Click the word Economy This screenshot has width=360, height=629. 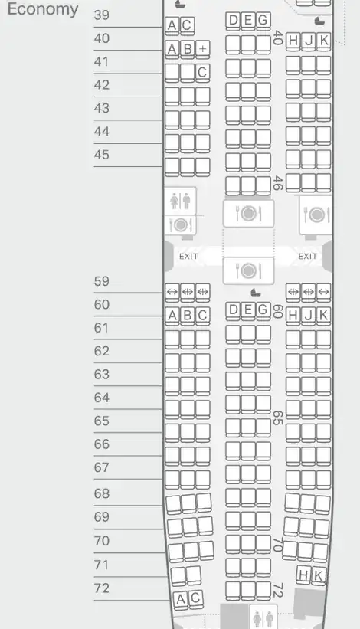[x=43, y=9]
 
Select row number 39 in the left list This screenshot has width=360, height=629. [x=101, y=15]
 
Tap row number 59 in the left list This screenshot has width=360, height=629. [x=101, y=281]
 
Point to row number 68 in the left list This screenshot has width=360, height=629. [x=101, y=493]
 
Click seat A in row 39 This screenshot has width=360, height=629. [x=172, y=25]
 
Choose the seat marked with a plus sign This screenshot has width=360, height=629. [x=202, y=49]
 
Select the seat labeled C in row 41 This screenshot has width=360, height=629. [x=202, y=72]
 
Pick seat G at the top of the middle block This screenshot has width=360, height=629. [x=263, y=20]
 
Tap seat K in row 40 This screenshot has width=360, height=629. [x=323, y=41]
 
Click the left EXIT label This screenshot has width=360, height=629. [x=188, y=257]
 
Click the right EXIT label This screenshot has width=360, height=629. [x=307, y=257]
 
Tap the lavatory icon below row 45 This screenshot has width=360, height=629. [x=180, y=201]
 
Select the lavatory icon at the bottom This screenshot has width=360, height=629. [x=263, y=618]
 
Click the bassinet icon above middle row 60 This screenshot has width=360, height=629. [x=255, y=293]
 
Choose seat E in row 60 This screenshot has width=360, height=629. [x=247, y=310]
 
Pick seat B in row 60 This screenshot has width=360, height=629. [x=187, y=316]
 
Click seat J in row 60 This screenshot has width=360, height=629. [x=308, y=316]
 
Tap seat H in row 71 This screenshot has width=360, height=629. [x=303, y=574]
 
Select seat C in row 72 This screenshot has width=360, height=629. [x=195, y=598]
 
